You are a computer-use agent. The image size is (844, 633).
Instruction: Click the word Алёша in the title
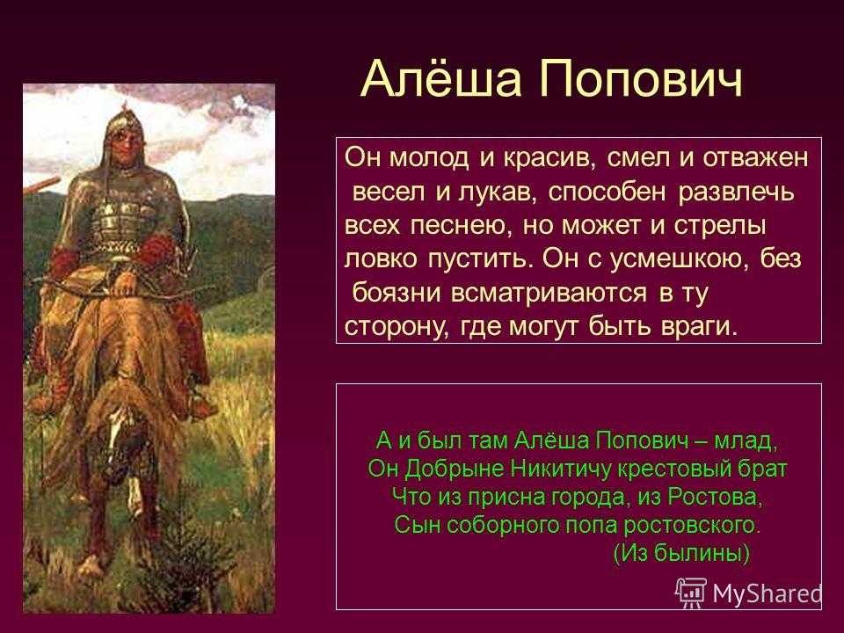(441, 78)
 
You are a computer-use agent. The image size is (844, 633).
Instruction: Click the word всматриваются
(549, 293)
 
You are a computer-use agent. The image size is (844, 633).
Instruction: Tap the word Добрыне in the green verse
(454, 469)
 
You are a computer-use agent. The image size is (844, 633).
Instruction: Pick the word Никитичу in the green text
(560, 469)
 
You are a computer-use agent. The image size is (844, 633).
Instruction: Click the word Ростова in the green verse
(716, 497)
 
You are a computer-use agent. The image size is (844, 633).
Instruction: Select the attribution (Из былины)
(681, 553)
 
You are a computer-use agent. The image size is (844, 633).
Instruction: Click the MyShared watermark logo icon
(691, 593)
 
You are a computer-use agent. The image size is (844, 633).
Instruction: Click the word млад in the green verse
(745, 441)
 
